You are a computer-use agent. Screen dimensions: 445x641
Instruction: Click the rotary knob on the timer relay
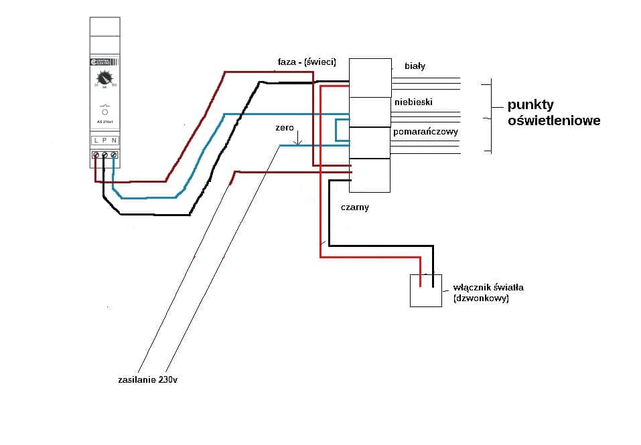tap(104, 78)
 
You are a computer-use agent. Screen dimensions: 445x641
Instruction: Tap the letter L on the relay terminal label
tap(96, 140)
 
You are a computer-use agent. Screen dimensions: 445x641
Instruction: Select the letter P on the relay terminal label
tap(104, 140)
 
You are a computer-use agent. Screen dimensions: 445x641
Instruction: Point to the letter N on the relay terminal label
tap(114, 140)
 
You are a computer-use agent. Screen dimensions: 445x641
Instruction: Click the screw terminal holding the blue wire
tap(114, 155)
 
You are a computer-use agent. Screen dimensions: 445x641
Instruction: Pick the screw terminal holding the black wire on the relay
tap(104, 155)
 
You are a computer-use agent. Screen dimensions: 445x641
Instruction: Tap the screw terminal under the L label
tap(96, 155)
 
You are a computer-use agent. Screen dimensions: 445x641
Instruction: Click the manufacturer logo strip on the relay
tap(104, 62)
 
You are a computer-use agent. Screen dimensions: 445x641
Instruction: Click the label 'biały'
tap(415, 66)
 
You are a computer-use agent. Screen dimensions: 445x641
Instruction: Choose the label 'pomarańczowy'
tap(425, 132)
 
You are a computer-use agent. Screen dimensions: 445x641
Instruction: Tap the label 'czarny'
tap(354, 207)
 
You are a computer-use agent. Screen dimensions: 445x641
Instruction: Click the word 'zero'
tap(285, 127)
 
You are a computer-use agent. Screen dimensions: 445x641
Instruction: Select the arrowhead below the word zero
tap(299, 143)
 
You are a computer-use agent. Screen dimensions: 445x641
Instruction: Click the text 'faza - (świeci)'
tap(306, 62)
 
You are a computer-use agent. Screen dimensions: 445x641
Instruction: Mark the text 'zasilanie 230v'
tap(147, 379)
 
